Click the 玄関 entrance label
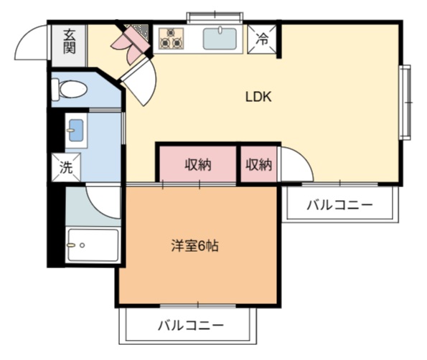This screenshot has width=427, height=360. [x=69, y=42]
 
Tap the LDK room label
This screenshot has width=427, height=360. [x=258, y=97]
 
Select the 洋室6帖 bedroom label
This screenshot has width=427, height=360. [x=194, y=246]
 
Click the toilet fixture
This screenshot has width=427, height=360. [x=70, y=89]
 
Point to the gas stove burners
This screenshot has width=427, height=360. [x=171, y=39]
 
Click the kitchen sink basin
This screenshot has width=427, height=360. [x=220, y=39]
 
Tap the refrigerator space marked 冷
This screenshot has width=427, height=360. [x=262, y=39]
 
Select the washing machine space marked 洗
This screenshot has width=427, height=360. [x=66, y=167]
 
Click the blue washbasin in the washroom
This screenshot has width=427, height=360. [x=76, y=131]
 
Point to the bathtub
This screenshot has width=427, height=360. [x=93, y=245]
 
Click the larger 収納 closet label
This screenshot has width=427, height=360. [x=198, y=165]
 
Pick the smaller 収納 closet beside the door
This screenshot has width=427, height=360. [x=258, y=165]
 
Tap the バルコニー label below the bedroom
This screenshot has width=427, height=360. [x=191, y=326]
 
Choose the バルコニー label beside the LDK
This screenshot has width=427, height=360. [x=339, y=205]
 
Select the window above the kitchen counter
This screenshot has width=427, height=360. [x=215, y=16]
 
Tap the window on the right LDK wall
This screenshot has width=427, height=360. [x=405, y=103]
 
